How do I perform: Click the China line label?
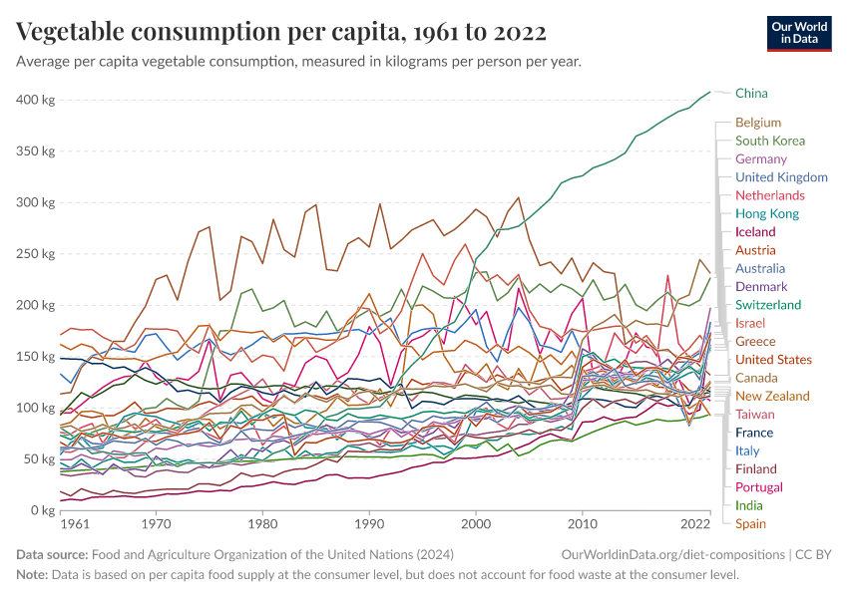[x=751, y=93]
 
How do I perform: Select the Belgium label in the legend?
[x=758, y=123]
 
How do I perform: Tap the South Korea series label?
[x=770, y=141]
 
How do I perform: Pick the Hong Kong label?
[x=767, y=213]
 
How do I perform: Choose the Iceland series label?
[x=755, y=232]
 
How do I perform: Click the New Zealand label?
[x=772, y=396]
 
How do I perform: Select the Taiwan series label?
[x=755, y=414]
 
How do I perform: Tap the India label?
[x=750, y=505]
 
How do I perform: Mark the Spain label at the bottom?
[x=751, y=523]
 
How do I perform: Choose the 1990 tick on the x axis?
[x=369, y=523]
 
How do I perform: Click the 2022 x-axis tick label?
[x=694, y=523]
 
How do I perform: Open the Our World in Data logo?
[x=800, y=32]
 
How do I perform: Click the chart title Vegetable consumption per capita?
[x=281, y=32]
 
